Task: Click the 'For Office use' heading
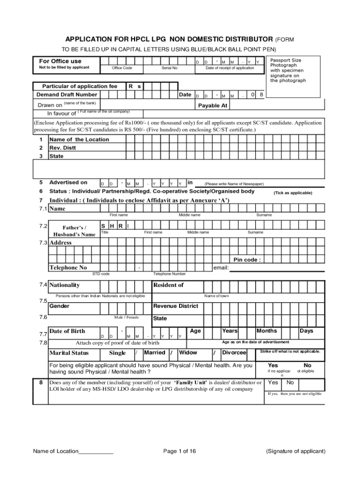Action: click(x=60, y=61)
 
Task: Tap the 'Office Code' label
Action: click(x=122, y=68)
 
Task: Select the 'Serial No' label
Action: click(x=169, y=68)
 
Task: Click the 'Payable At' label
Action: click(x=212, y=106)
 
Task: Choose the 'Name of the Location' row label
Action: click(x=79, y=139)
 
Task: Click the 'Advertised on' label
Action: click(x=68, y=182)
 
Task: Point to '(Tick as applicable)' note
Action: click(x=293, y=193)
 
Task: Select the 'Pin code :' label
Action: click(x=247, y=260)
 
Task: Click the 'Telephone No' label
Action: click(x=68, y=268)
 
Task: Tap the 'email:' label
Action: click(x=221, y=268)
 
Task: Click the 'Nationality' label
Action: click(x=65, y=285)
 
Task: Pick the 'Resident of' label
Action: click(x=168, y=285)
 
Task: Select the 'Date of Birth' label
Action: click(x=67, y=331)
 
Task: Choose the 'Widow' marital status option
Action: click(x=188, y=353)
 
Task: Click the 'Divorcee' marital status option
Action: click(x=234, y=353)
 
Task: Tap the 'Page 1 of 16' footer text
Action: click(x=180, y=451)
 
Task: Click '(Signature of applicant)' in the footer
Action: click(x=295, y=451)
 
